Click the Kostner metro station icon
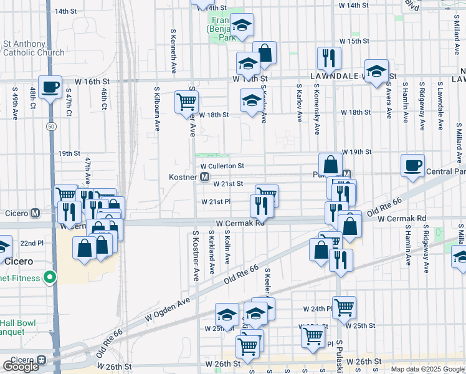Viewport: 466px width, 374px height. (x=204, y=178)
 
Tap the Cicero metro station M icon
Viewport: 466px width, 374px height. (x=36, y=213)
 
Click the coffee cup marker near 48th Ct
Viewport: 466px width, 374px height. (x=50, y=86)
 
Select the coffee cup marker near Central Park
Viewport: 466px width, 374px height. (x=412, y=165)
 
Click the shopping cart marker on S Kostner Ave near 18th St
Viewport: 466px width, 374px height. (x=187, y=101)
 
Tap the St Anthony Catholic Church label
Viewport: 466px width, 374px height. (x=34, y=49)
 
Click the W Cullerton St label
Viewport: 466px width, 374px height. (x=222, y=166)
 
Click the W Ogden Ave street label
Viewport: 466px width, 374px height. (x=168, y=309)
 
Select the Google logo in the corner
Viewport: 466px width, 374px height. (x=21, y=367)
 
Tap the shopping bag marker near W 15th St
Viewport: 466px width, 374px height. (x=264, y=53)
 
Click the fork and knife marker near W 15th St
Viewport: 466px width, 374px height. (x=328, y=58)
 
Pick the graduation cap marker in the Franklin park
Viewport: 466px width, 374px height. (x=242, y=25)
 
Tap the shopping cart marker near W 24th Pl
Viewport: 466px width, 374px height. (x=343, y=306)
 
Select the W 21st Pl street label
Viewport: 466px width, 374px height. (x=216, y=202)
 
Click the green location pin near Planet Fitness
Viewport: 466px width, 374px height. (x=49, y=278)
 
